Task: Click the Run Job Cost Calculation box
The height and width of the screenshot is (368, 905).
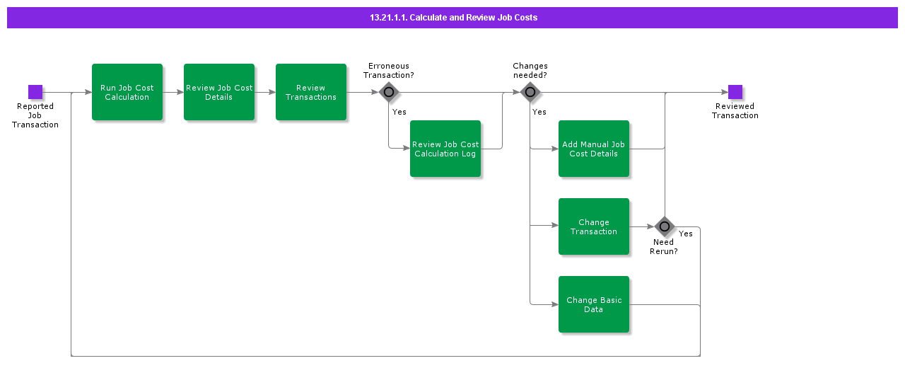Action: coord(127,92)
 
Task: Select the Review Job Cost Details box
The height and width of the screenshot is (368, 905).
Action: coord(219,92)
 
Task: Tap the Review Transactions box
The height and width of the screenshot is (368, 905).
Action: coord(311,92)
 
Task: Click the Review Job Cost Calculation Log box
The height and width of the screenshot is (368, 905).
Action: coord(445,149)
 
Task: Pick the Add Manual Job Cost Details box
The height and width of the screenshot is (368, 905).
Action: coord(594,149)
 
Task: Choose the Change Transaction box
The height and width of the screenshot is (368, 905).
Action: coord(594,226)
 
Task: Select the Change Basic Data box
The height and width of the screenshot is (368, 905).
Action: coord(594,304)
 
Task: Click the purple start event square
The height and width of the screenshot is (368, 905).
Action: coord(35,92)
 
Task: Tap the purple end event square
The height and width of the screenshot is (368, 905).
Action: coord(735,92)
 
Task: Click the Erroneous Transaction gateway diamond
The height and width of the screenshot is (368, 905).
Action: coord(389,92)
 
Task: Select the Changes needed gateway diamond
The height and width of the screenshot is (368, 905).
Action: coord(530,92)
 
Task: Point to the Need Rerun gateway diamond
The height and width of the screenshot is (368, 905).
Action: coord(665,226)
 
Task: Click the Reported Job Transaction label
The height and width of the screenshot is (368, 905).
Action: coord(35,115)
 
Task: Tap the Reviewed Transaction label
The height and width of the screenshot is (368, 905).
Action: coord(735,111)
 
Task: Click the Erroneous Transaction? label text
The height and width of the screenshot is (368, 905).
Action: coord(389,70)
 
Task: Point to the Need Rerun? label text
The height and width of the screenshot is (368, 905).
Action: coord(664,246)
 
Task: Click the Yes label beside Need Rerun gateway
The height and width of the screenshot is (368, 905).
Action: coord(686,234)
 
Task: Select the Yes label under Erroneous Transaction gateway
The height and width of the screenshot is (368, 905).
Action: coord(399,112)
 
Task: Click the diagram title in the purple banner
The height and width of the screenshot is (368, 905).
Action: coord(453,18)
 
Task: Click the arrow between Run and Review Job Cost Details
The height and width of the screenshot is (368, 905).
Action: coord(173,92)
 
